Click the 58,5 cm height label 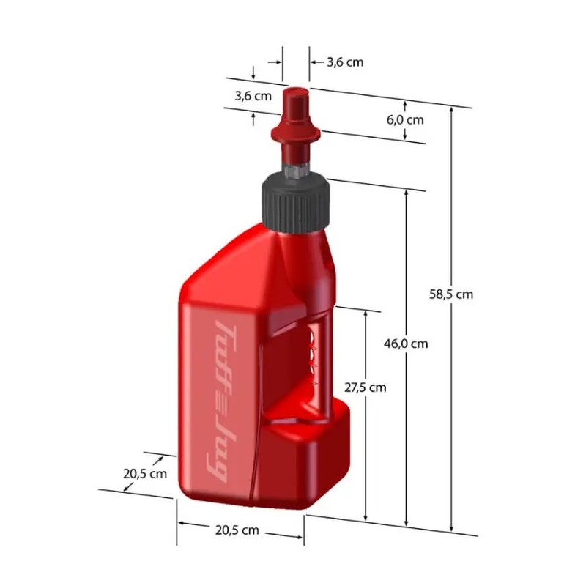click(x=451, y=294)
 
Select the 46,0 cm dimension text click(x=406, y=344)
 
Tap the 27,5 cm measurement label click(x=365, y=387)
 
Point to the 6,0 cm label click(x=405, y=120)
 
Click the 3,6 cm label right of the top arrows click(x=345, y=62)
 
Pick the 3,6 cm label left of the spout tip click(x=253, y=96)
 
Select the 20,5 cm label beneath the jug click(x=237, y=530)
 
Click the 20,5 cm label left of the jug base click(x=145, y=474)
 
